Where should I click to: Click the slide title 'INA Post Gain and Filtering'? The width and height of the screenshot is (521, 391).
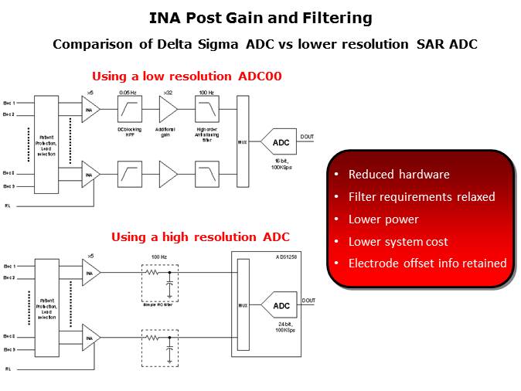pyautogui.click(x=260, y=18)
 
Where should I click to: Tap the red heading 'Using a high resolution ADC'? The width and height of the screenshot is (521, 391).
pyautogui.click(x=200, y=237)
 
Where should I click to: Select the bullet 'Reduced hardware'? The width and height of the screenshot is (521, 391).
pyautogui.click(x=399, y=175)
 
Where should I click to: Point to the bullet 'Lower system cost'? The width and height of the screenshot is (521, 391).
pyautogui.click(x=398, y=242)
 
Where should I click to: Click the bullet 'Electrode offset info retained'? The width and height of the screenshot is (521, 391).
pyautogui.click(x=427, y=263)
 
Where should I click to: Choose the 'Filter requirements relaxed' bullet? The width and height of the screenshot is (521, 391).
pyautogui.click(x=421, y=197)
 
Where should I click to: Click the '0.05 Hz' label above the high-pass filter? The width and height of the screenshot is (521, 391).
pyautogui.click(x=128, y=93)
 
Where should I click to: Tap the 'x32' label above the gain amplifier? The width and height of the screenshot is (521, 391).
pyautogui.click(x=165, y=93)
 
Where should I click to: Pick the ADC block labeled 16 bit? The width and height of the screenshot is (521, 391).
pyautogui.click(x=280, y=143)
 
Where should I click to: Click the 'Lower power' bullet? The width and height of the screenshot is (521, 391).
pyautogui.click(x=383, y=219)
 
